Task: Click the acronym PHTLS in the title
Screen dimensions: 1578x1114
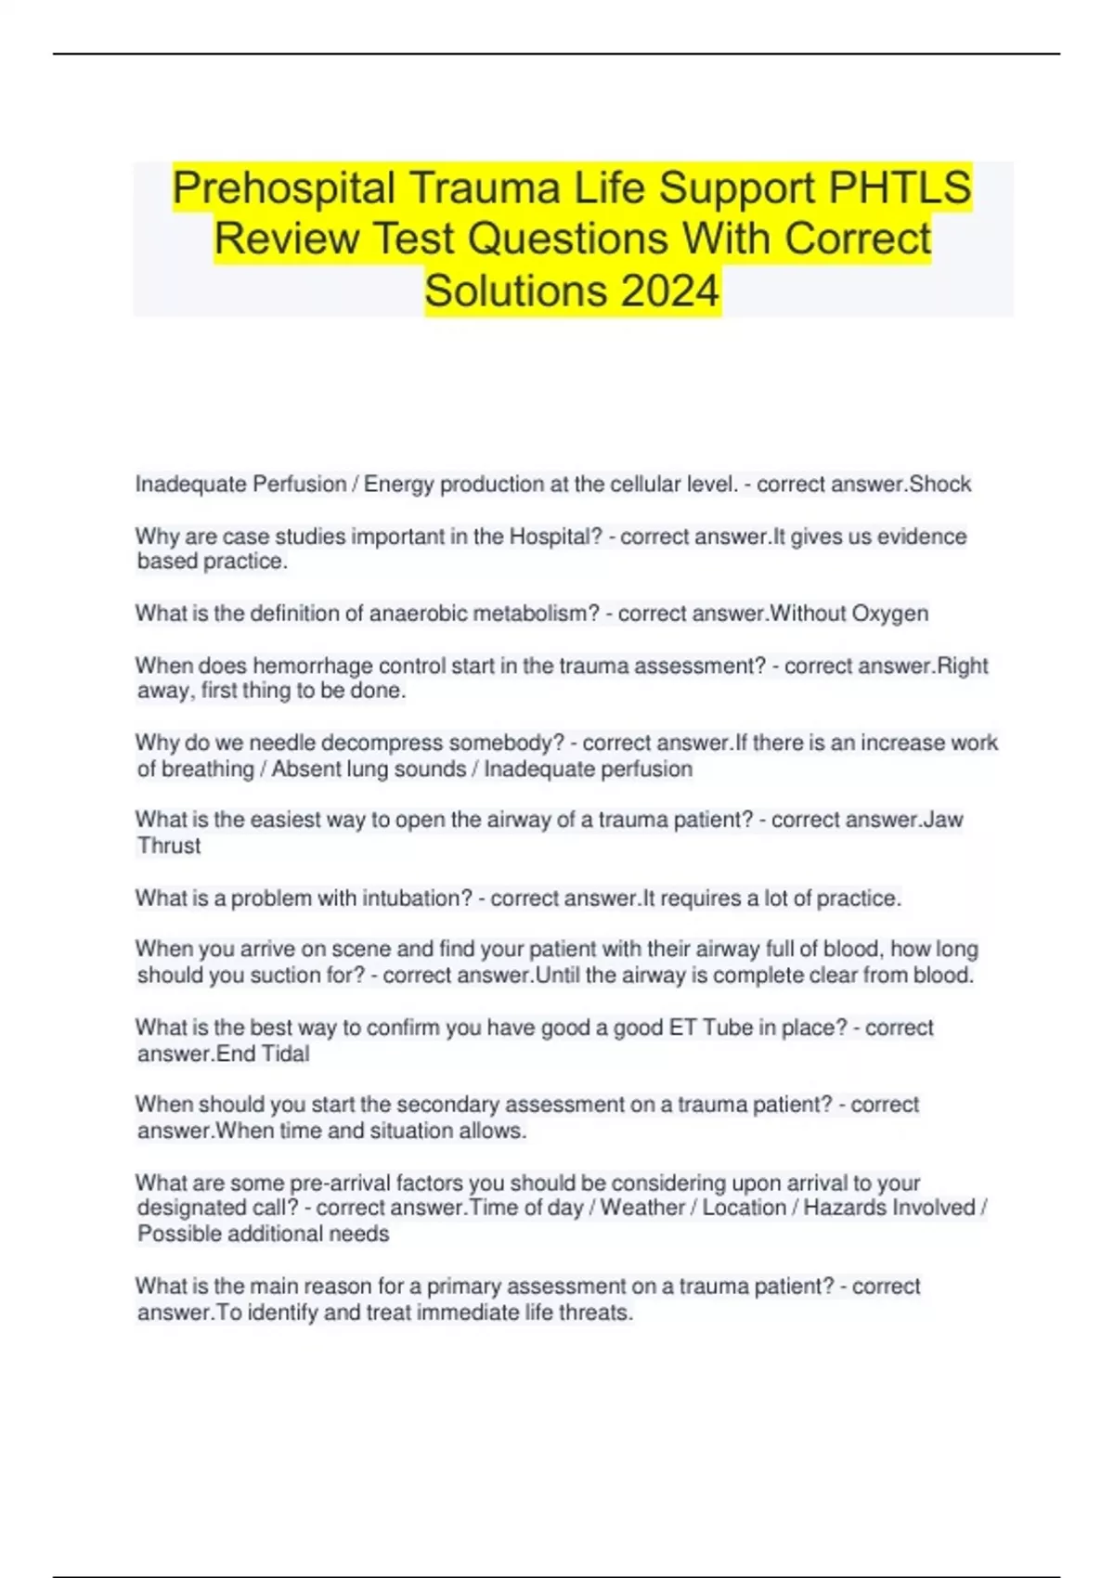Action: point(900,188)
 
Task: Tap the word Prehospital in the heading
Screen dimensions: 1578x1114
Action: point(283,188)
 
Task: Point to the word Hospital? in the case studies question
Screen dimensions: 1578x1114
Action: point(556,537)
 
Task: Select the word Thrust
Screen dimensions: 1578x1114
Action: point(169,846)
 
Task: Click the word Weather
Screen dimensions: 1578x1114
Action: point(642,1208)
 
